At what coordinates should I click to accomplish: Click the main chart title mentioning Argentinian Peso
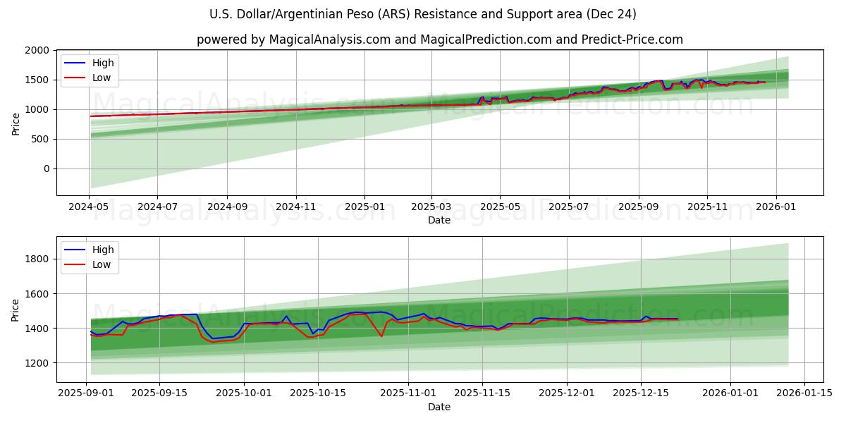(x=423, y=14)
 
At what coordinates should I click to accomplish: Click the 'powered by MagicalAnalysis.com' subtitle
(x=439, y=39)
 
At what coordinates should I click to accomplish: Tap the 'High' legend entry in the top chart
(x=103, y=63)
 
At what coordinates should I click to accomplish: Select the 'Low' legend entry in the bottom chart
(x=103, y=265)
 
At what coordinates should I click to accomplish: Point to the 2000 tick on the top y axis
(x=37, y=51)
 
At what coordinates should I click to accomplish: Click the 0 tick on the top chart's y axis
(x=46, y=169)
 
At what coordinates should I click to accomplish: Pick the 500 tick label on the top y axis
(x=40, y=140)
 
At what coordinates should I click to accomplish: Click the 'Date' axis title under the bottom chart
(x=439, y=407)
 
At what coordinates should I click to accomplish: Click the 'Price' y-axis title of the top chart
(x=16, y=124)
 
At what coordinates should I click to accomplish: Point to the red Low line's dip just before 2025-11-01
(x=381, y=336)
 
